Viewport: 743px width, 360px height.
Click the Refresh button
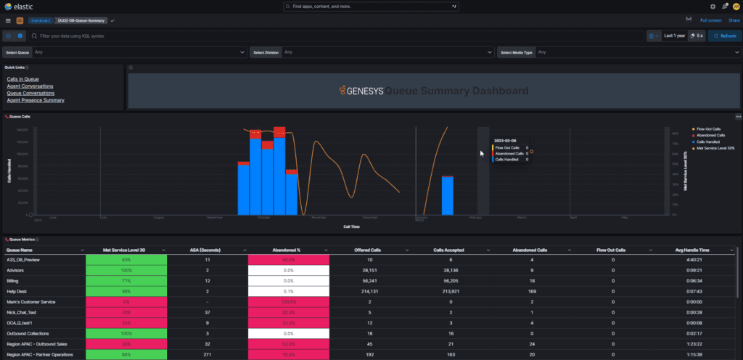[x=724, y=36]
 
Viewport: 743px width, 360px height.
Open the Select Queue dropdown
[x=138, y=52]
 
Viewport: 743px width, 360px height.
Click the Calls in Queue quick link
[x=22, y=78]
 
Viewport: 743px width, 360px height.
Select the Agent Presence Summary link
[x=36, y=100]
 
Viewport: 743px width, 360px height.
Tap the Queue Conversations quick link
[x=30, y=93]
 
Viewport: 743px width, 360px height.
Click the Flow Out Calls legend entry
[x=710, y=128]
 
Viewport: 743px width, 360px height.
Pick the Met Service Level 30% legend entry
[x=715, y=148]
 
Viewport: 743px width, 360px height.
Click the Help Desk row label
[x=17, y=291]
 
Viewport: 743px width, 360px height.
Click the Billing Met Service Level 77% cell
[x=126, y=280]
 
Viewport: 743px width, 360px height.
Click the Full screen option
[x=710, y=20]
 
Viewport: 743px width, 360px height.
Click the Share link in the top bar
[x=734, y=20]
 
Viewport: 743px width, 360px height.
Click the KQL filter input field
[x=145, y=36]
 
